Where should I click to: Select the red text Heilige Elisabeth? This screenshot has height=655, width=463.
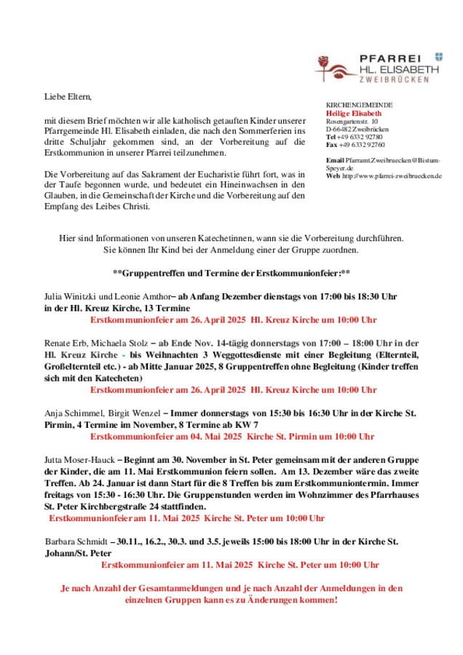[x=353, y=114]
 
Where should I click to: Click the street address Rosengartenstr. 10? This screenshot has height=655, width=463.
[x=353, y=122]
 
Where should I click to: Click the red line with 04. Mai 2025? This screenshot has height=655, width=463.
[x=231, y=437]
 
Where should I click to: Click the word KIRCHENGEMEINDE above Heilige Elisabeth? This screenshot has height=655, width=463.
[x=359, y=106]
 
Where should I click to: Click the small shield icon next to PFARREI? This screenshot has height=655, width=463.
[x=438, y=55]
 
